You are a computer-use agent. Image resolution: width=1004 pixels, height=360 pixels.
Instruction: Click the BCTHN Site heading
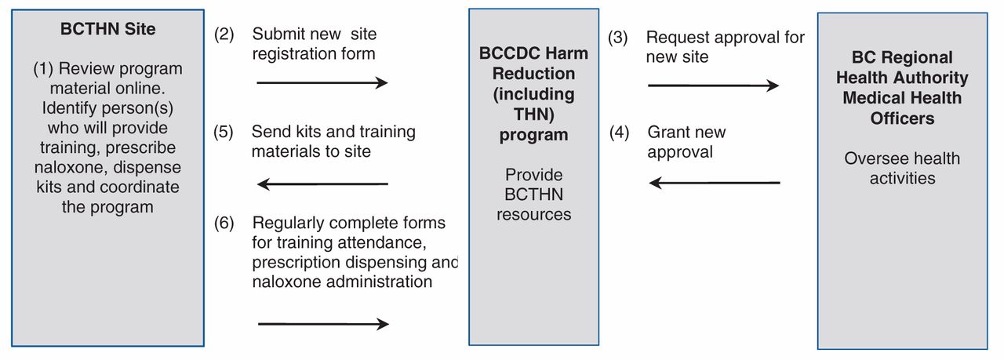108,29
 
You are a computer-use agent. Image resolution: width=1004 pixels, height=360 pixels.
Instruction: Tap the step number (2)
224,34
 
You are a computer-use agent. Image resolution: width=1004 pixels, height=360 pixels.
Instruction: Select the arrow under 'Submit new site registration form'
322,82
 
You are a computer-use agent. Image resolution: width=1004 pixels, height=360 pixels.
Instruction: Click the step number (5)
224,132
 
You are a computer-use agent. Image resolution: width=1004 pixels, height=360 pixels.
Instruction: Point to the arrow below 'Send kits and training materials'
322,184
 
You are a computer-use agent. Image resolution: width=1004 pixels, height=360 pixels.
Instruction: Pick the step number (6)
224,223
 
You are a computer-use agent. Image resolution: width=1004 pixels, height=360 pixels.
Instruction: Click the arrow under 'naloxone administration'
324,324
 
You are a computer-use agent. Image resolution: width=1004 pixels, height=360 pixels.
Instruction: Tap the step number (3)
617,37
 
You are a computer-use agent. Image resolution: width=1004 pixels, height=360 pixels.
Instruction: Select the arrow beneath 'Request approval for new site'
714,85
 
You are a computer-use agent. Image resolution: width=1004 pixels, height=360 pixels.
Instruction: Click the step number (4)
619,133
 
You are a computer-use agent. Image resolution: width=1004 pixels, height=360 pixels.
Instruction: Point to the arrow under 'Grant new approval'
715,183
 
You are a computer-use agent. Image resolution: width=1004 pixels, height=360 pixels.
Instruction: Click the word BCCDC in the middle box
503,53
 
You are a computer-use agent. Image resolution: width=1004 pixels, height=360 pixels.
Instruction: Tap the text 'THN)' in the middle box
534,115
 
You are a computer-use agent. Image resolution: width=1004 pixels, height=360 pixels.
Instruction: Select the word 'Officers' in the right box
902,118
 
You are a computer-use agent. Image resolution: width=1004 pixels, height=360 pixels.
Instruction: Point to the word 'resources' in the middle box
534,215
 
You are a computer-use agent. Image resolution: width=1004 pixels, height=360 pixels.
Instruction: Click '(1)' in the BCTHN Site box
43,69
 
